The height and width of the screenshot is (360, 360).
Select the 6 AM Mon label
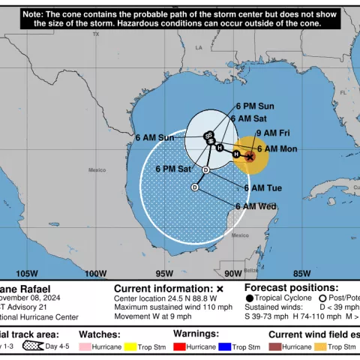pos(277,149)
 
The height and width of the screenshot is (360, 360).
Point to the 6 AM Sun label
pos(154,137)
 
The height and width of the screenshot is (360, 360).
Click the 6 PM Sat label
pos(172,169)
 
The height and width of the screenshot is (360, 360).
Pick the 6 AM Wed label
pos(256,206)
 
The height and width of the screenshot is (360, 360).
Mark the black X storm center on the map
pos(250,156)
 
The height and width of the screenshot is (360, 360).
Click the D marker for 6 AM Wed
pos(195,187)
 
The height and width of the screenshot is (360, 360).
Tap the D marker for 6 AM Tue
pos(205,170)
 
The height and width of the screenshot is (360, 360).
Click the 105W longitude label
pos(26,273)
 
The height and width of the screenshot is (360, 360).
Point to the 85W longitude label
pos(301,273)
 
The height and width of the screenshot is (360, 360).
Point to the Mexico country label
pos(97,170)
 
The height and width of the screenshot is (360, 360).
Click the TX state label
pos(95,34)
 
